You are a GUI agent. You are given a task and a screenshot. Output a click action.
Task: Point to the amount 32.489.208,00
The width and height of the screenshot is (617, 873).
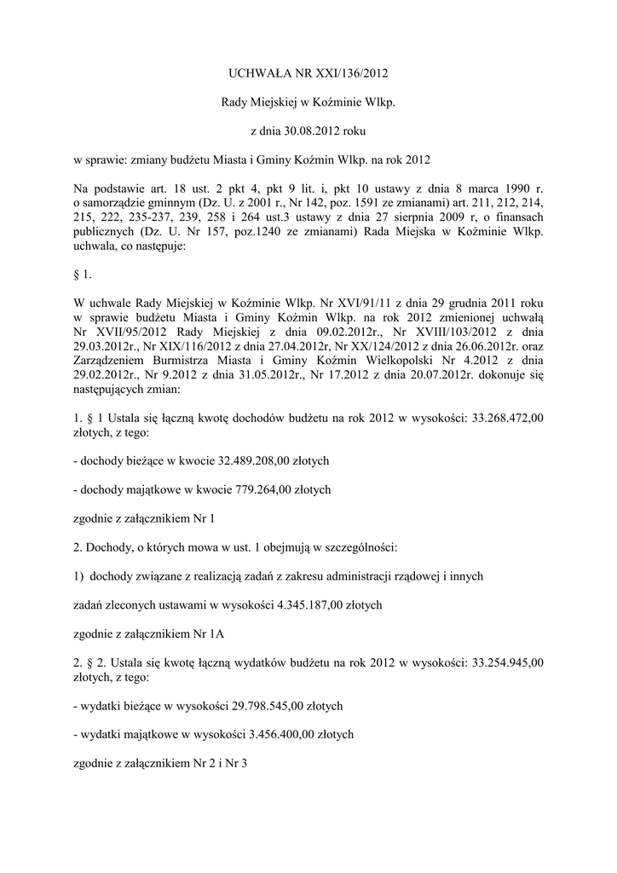[x=252, y=460]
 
